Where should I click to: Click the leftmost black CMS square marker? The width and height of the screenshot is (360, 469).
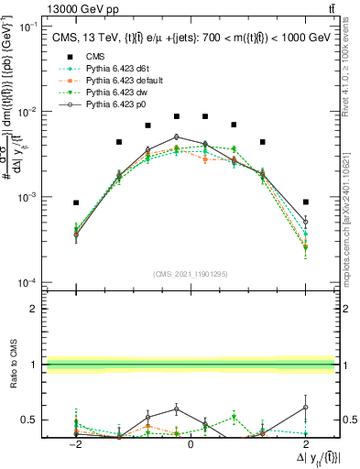coord(77,202)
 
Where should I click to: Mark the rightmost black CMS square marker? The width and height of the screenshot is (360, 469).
coord(306,202)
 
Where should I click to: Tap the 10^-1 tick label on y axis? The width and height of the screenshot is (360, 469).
coord(31,27)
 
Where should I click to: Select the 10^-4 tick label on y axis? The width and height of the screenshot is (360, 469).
coord(31,282)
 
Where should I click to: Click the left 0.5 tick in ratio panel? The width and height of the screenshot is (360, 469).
coord(31,420)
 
